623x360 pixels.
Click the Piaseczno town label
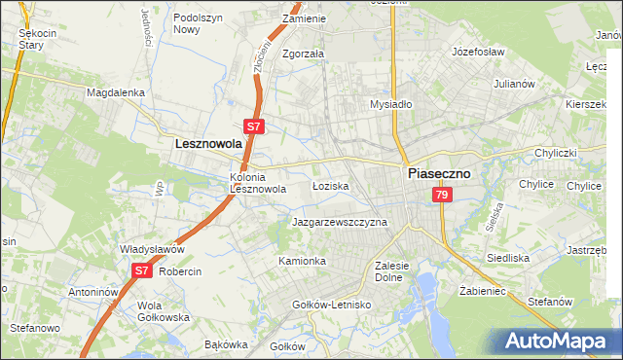pyautogui.click(x=437, y=172)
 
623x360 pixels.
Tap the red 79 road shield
pyautogui.click(x=443, y=196)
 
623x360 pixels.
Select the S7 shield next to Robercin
pyautogui.click(x=142, y=270)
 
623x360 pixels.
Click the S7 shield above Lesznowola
pyautogui.click(x=252, y=126)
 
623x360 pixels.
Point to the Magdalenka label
pyautogui.click(x=116, y=92)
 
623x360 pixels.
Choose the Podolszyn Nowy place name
pyautogui.click(x=200, y=23)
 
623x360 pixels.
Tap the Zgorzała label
pyautogui.click(x=303, y=54)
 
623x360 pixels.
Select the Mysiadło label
pyautogui.click(x=392, y=104)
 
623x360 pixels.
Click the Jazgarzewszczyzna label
pyautogui.click(x=340, y=222)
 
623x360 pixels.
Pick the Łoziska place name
pyautogui.click(x=330, y=185)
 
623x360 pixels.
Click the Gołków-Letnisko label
pyautogui.click(x=332, y=305)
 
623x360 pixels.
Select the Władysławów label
pyautogui.click(x=152, y=249)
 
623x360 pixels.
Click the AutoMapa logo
pyautogui.click(x=554, y=341)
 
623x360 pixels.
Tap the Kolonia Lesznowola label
pyautogui.click(x=257, y=184)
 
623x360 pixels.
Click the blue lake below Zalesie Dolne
pyautogui.click(x=429, y=292)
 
